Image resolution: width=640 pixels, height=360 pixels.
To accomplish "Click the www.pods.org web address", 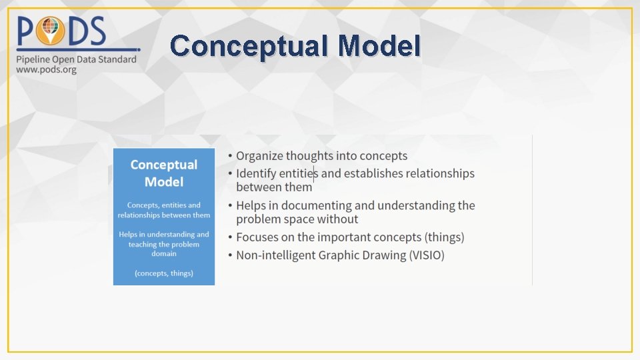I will [x=47, y=69].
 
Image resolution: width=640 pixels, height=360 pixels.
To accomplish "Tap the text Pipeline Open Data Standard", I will [x=76, y=59].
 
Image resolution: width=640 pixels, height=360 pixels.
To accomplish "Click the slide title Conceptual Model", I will [x=295, y=46].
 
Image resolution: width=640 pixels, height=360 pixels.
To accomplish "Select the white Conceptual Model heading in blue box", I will [x=164, y=173].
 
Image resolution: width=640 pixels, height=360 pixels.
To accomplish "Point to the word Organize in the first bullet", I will [x=259, y=156].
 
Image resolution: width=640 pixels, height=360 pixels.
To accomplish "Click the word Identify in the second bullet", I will [x=256, y=173].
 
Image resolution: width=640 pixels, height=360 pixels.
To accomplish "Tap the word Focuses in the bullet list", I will [x=257, y=237].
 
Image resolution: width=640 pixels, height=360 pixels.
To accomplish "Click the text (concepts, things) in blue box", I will [x=164, y=273].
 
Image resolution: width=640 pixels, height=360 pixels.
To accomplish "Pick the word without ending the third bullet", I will [x=337, y=219].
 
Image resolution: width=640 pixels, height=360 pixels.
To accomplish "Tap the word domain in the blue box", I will [x=164, y=253].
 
